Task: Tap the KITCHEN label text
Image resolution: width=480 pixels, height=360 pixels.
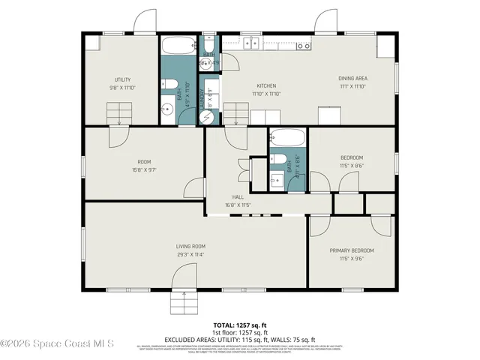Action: coord(266,85)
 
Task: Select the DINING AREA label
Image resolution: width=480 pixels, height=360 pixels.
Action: coord(351,79)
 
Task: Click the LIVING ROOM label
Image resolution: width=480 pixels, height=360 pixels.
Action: coord(190,246)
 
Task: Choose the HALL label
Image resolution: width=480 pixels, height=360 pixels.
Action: coord(238,196)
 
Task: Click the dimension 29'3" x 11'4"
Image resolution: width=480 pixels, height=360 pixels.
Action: coord(190,254)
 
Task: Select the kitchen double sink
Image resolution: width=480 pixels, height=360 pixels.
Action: coord(250,43)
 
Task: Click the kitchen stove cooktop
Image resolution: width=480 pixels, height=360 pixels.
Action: coord(304,45)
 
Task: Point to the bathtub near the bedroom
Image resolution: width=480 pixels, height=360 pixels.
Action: coord(288,138)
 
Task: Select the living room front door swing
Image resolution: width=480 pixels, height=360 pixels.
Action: coord(184,279)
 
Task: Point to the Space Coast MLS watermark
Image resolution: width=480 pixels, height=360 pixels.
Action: coord(57,343)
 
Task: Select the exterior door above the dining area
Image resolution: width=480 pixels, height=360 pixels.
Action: coord(327,22)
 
